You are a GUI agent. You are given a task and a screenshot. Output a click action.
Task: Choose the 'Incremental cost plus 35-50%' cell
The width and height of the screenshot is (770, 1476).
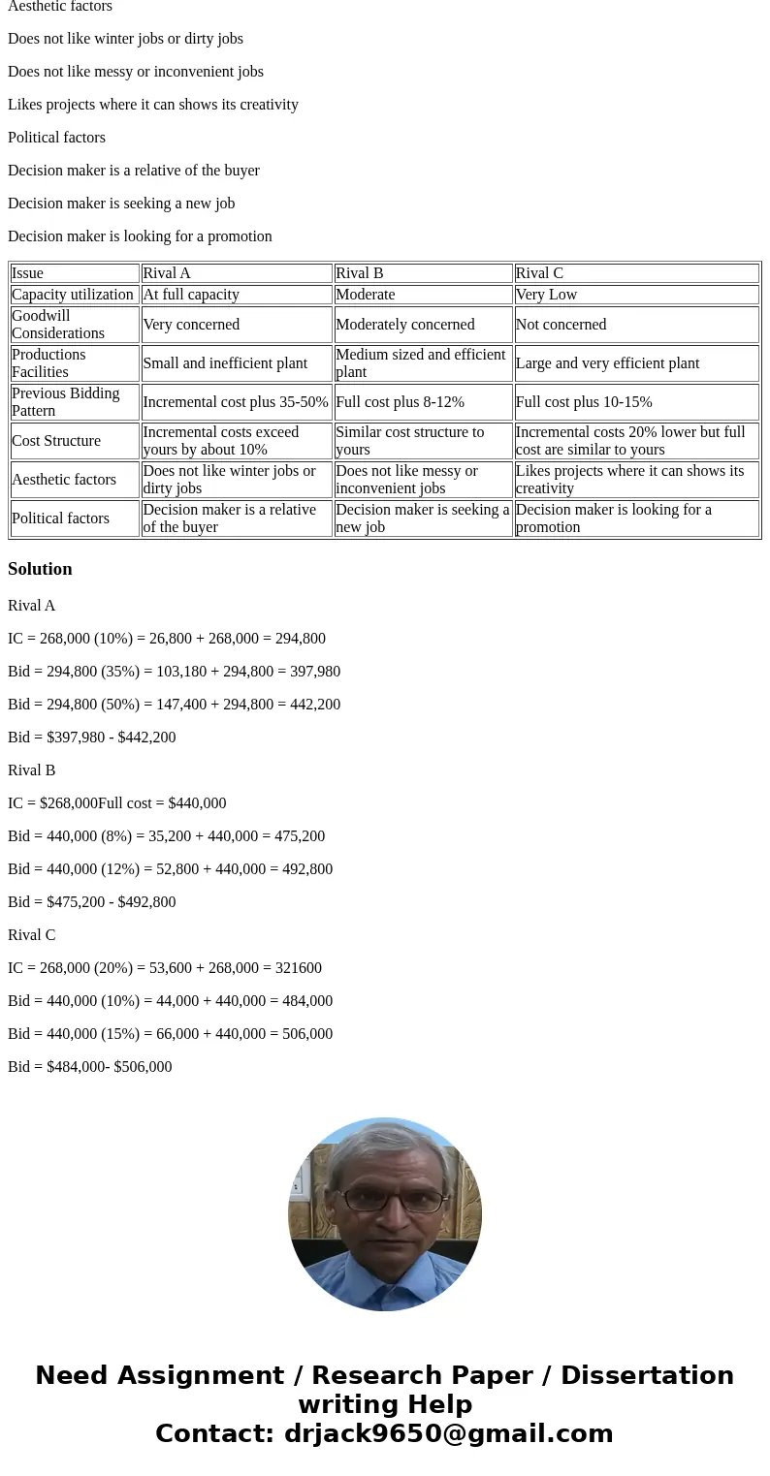[x=236, y=402]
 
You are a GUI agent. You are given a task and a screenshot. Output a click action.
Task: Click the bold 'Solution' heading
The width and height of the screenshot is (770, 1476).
[x=40, y=569]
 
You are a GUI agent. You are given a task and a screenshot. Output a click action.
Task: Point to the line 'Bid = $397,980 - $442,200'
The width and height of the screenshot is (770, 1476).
[x=92, y=738]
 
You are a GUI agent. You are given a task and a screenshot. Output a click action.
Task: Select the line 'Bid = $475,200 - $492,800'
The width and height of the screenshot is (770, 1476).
[x=92, y=902]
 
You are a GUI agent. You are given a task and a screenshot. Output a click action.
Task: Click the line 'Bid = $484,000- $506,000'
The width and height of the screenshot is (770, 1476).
[x=90, y=1067]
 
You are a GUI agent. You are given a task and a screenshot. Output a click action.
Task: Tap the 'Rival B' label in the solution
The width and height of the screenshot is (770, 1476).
[x=32, y=770]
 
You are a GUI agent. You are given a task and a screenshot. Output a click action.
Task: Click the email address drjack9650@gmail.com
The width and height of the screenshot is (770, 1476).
[x=448, y=1434]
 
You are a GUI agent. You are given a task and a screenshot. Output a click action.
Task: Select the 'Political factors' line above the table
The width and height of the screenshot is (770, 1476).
[x=56, y=138]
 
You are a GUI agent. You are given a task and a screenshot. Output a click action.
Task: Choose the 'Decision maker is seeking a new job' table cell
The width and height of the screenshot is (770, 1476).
[x=422, y=518]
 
